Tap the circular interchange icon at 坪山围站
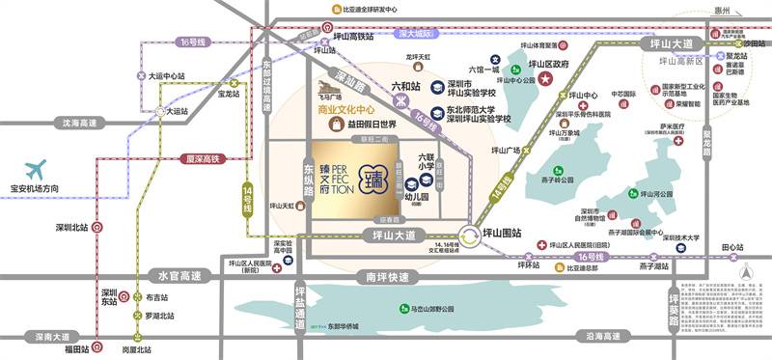tap(468, 234)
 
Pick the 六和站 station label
tap(406, 86)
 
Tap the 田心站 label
tap(735, 246)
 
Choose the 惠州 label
tap(741, 10)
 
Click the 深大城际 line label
tap(417, 34)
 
